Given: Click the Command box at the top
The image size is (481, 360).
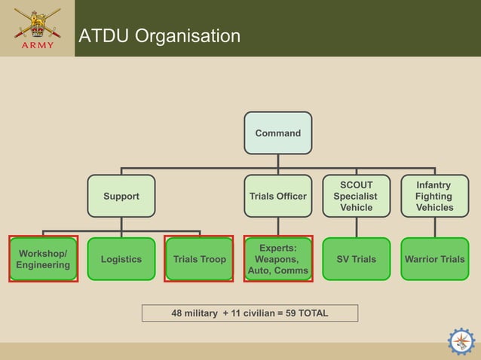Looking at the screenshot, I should [x=277, y=133].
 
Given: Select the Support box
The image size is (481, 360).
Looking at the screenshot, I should [x=121, y=197].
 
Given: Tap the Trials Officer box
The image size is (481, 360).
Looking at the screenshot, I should [x=277, y=197].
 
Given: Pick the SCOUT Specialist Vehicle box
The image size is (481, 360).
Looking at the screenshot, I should [x=356, y=196].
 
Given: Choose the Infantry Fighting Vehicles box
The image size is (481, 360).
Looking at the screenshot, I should [x=434, y=196].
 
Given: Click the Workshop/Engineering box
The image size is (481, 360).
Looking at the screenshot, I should [x=43, y=259].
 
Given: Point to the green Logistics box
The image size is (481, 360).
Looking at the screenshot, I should [x=121, y=259].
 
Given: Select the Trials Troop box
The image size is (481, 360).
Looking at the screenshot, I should [x=199, y=259].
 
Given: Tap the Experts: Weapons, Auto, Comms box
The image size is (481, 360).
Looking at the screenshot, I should [x=277, y=259].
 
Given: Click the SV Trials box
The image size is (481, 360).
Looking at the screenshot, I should [x=356, y=259].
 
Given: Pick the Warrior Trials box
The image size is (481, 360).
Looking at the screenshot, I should [x=434, y=259].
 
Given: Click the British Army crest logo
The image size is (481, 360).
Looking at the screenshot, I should [x=36, y=23].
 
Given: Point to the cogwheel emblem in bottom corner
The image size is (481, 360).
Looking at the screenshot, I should [x=461, y=341].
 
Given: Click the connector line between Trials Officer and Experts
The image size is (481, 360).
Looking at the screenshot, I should [x=277, y=227].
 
